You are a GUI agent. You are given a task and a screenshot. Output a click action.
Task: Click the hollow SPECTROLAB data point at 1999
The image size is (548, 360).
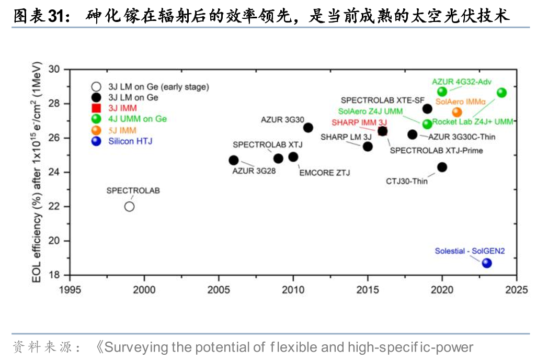click(129, 206)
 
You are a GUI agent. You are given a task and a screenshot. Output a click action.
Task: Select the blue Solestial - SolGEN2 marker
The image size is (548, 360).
click(487, 263)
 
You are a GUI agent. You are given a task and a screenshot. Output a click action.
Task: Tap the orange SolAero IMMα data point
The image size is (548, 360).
click(457, 112)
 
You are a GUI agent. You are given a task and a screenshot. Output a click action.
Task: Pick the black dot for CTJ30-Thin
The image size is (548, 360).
click(442, 167)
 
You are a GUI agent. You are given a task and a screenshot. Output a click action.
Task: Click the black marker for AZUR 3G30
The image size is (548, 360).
click(308, 128)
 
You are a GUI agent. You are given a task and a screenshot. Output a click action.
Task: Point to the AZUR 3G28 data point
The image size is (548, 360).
click(234, 160)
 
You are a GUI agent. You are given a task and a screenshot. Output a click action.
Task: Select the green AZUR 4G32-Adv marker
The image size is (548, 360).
click(442, 92)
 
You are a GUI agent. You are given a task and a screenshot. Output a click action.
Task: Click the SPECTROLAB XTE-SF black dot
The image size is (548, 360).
click(427, 109)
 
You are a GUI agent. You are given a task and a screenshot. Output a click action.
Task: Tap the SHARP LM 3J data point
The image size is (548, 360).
click(368, 146)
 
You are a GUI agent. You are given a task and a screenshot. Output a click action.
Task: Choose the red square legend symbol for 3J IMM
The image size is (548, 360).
click(96, 108)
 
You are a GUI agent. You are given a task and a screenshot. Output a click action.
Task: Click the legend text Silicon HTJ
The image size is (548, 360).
click(130, 141)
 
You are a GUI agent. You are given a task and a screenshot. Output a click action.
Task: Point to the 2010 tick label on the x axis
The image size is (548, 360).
click(293, 289)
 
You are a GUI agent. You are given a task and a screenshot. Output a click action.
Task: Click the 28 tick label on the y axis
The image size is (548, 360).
click(54, 104)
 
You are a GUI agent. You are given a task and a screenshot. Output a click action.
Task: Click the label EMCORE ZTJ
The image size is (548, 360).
click(324, 173)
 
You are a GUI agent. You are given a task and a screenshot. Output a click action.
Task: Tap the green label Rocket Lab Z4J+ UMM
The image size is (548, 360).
click(473, 121)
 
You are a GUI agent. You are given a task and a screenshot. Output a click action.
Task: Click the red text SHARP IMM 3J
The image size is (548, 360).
click(359, 122)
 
